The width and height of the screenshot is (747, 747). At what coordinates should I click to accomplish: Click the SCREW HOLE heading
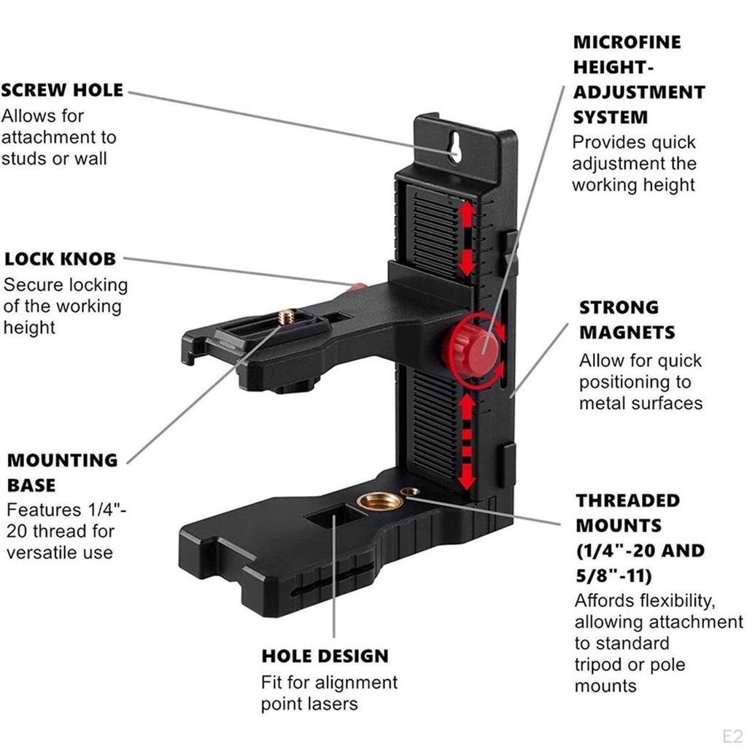coord(62,91)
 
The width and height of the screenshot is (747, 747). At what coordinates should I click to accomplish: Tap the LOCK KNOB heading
coord(60,259)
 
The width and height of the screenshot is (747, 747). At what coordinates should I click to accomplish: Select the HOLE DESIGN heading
coord(325,656)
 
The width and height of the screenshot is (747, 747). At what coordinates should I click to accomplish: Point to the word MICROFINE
coord(627,42)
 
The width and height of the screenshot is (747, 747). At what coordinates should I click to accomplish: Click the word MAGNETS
coord(627,333)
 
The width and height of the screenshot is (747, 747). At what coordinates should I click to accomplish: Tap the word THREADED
coord(627,501)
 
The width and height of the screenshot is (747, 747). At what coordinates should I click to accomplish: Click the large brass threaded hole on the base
coord(379,503)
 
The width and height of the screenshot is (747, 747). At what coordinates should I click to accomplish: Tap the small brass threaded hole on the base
coord(411,492)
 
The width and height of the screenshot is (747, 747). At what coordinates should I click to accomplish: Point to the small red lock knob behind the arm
coord(357,286)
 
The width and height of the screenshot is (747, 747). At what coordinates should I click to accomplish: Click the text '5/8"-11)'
coord(613,576)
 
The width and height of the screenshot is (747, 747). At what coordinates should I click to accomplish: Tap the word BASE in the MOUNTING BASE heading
coord(31,485)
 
